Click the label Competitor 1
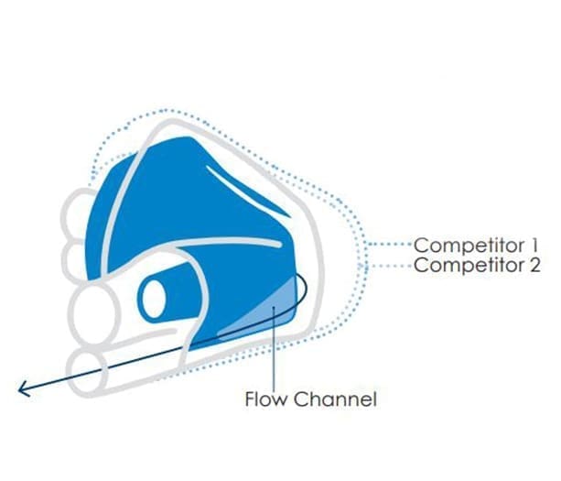click(476, 246)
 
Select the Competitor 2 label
click(477, 266)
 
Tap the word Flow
click(265, 399)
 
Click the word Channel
click(335, 399)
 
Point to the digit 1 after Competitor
click(534, 245)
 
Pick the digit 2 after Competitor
click(534, 266)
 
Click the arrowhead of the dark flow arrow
click(25, 388)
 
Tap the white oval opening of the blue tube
click(154, 299)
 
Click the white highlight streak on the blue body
click(247, 191)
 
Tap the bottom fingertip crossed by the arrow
click(88, 373)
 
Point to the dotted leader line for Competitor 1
click(390, 245)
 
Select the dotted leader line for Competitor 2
click(390, 266)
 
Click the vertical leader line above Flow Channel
click(274, 348)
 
